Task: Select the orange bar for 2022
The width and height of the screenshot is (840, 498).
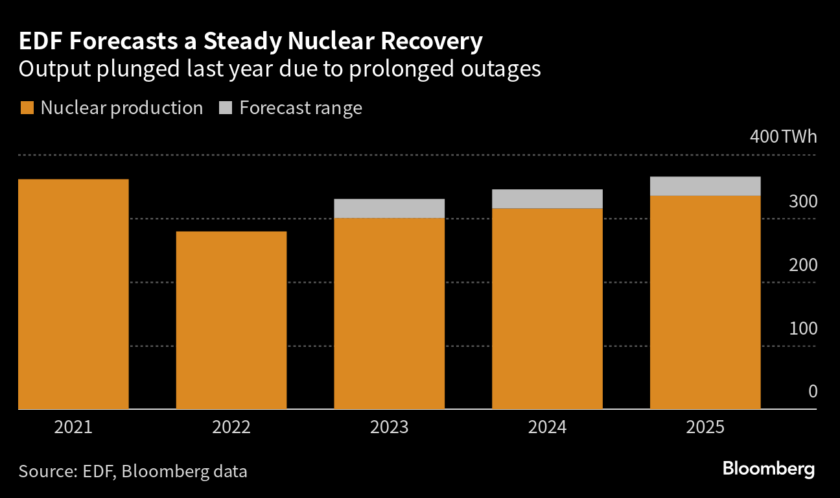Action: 231,320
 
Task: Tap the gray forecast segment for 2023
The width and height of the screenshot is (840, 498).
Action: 389,208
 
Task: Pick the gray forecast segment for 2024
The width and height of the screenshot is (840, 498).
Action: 547,198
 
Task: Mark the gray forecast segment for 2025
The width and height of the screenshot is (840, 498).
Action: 705,185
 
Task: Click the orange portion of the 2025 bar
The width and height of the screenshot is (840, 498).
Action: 705,302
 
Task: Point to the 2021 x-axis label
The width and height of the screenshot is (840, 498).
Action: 73,428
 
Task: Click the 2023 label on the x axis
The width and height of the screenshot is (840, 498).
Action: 389,428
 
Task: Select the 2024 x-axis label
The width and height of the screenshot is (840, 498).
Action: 547,428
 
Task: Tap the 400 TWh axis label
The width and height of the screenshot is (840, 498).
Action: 783,137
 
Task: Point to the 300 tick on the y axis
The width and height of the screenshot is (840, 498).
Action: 803,202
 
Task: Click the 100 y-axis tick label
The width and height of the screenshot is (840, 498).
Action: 803,329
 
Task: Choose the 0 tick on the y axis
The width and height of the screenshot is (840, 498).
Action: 811,392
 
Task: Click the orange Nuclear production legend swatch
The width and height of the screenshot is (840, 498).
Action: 27,108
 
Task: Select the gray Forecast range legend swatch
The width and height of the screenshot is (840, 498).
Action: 226,108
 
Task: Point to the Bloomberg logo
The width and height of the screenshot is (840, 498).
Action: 769,469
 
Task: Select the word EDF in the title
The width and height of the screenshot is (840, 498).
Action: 38,42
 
